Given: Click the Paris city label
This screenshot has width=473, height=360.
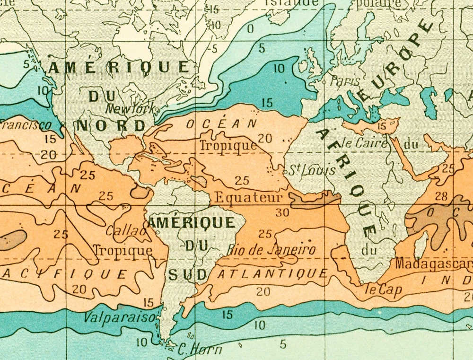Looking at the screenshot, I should [345, 81].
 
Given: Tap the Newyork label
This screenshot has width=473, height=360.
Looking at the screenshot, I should [130, 109].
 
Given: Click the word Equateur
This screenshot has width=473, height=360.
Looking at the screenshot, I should [248, 197].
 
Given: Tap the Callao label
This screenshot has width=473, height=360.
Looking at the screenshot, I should [125, 231].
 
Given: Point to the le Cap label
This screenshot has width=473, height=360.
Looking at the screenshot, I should [384, 290].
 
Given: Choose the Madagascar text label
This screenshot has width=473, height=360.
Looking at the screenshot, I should [433, 263].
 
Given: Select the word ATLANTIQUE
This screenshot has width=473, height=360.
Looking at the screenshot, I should [272, 273].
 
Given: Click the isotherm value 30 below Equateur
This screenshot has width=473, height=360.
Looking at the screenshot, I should [282, 213].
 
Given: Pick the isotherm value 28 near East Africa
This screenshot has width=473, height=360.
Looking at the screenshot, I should [441, 196].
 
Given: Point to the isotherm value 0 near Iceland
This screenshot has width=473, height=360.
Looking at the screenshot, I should [250, 29].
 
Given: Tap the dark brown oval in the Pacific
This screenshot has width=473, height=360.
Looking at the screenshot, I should [12, 240].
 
